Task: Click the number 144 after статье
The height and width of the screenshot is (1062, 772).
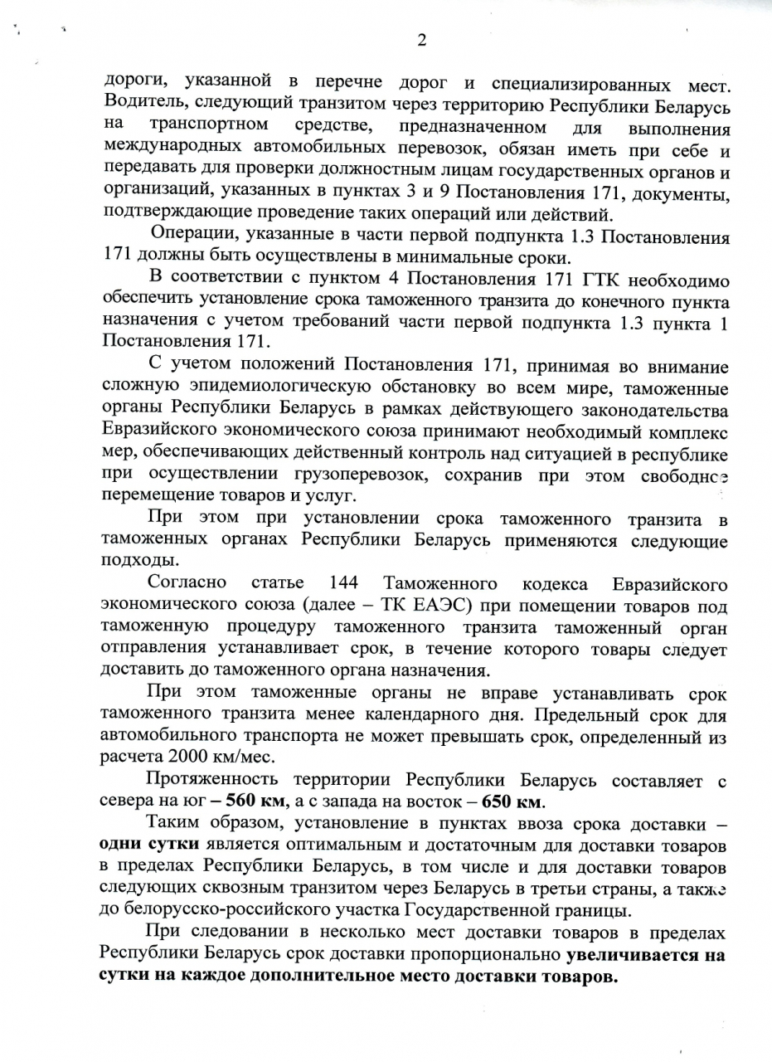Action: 343,582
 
